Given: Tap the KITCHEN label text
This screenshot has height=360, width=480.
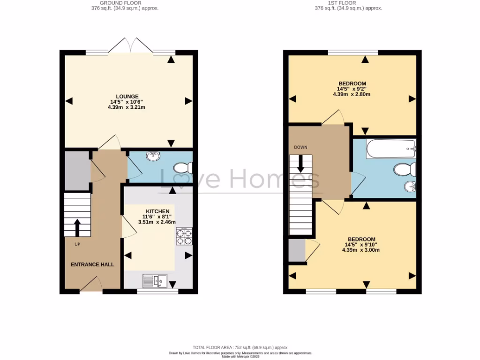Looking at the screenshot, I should coord(157,211).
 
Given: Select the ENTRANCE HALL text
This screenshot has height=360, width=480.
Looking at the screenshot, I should coord(92,264).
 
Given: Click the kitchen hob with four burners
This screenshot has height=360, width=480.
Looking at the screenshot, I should coord(185,236).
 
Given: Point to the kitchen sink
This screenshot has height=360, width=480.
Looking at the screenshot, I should coord(154,281).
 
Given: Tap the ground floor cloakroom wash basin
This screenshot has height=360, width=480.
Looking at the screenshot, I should coord(153,157).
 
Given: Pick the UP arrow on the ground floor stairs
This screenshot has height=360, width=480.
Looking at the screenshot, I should coord(77,227).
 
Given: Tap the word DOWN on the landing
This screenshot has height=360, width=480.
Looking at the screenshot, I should coord(300,147).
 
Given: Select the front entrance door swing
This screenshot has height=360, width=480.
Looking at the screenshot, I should coord(91,284).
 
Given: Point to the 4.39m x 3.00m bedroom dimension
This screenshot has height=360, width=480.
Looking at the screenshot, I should coord(360,250).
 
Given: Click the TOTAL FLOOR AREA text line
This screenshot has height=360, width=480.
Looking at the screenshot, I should coord(241,347).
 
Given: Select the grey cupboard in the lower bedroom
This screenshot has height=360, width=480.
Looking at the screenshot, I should coord(296,250).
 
